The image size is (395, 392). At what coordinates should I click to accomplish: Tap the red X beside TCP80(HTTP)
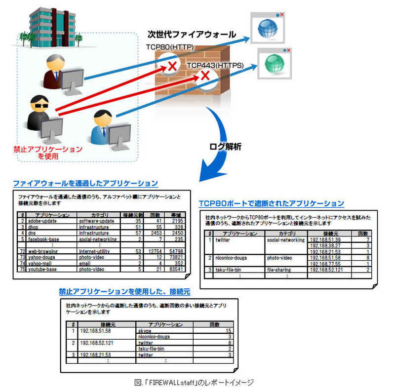tap(172, 66)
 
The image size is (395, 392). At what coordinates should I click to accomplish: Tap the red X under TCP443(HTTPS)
tap(203, 76)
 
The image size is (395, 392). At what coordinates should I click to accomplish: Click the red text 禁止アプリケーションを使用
tap(48, 152)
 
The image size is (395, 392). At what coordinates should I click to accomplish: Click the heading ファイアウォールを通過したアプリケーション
tap(85, 183)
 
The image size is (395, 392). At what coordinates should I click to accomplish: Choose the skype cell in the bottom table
tap(145, 330)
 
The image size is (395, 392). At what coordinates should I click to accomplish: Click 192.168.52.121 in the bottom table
tap(97, 342)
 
